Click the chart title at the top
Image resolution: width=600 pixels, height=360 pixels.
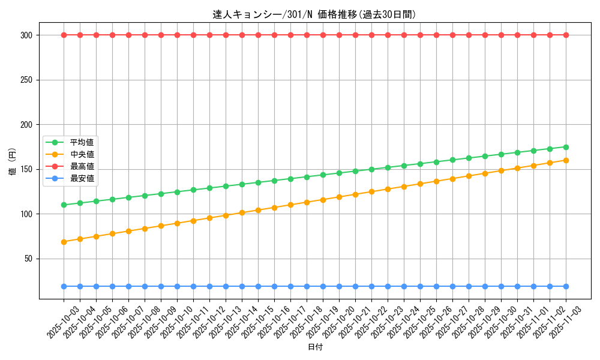coord(314,14)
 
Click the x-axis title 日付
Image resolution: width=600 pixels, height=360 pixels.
coord(315,347)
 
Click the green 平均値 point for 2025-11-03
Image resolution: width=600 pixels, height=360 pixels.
coord(566,147)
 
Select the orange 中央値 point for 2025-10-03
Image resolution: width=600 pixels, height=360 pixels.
coord(64,242)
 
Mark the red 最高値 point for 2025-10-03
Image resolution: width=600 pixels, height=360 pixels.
coord(64,35)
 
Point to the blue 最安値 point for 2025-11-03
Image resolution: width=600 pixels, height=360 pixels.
coord(566,286)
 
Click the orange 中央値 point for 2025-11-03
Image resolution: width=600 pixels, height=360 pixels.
coord(566,160)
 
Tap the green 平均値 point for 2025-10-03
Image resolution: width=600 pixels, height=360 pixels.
coord(64,205)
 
